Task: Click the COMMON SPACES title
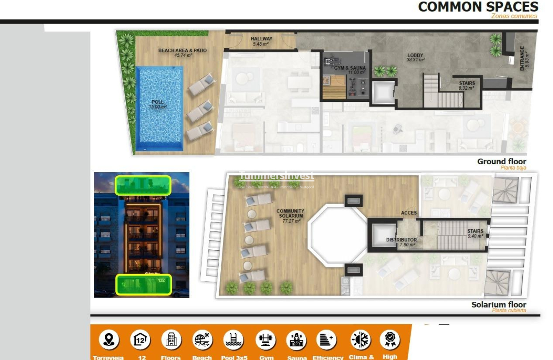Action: pyautogui.click(x=478, y=7)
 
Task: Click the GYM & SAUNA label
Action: pyautogui.click(x=350, y=68)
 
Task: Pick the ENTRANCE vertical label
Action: pyautogui.click(x=522, y=58)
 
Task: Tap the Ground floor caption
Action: pyautogui.click(x=501, y=161)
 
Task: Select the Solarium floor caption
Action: pyautogui.click(x=499, y=305)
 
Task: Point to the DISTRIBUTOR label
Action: pyautogui.click(x=401, y=240)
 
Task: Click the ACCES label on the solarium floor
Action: pyautogui.click(x=408, y=213)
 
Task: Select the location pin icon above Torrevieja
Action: pyautogui.click(x=109, y=339)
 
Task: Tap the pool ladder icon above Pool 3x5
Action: pyautogui.click(x=234, y=339)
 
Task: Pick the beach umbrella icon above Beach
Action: pyautogui.click(x=202, y=339)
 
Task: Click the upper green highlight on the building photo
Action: pyautogui.click(x=143, y=185)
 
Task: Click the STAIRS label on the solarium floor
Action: pyautogui.click(x=475, y=231)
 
